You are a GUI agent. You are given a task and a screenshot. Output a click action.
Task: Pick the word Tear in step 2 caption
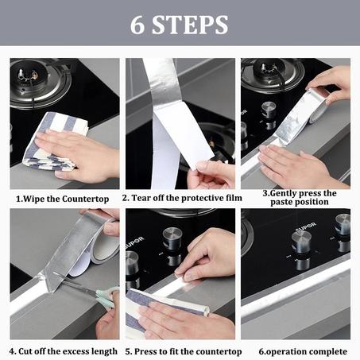click(143, 198)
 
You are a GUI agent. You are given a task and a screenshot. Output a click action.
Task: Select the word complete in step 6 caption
click(326, 350)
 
